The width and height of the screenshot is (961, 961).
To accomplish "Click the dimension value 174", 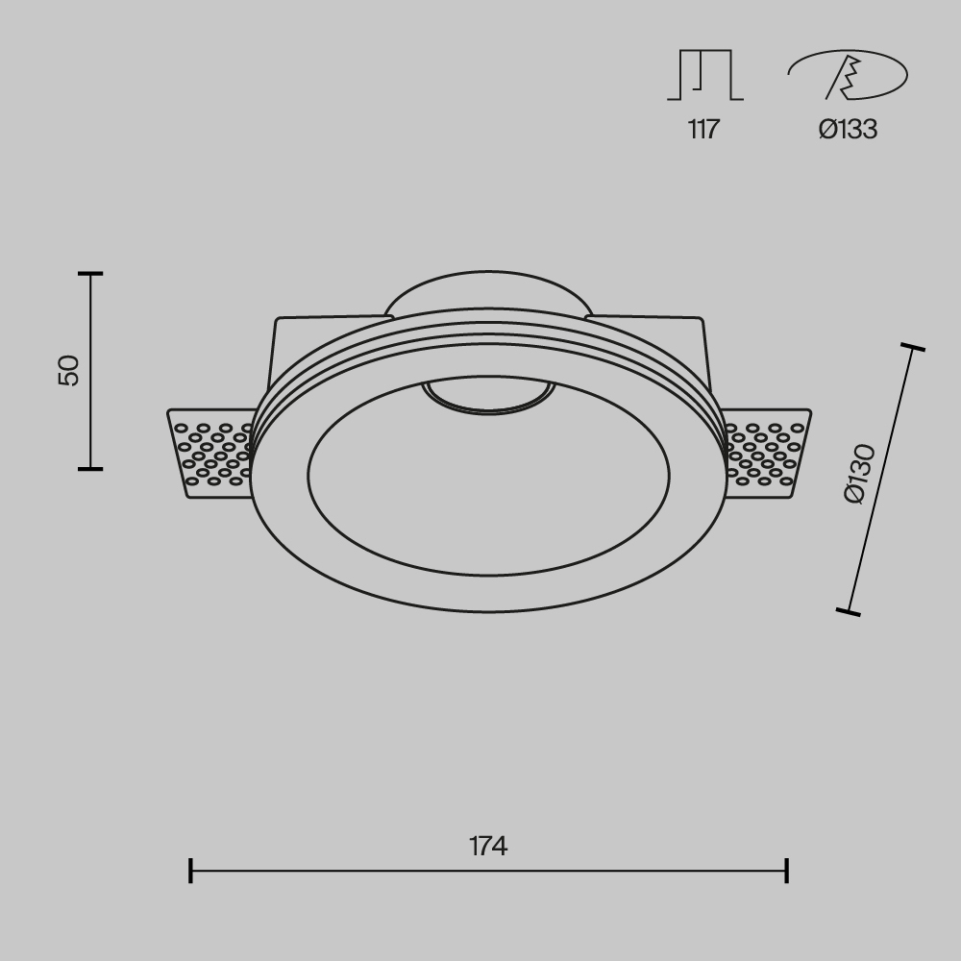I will (x=488, y=847).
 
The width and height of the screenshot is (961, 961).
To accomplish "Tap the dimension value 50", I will (x=69, y=371).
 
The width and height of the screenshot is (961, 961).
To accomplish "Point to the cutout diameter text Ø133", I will (x=848, y=130).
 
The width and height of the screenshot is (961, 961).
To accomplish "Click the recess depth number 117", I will (x=703, y=130).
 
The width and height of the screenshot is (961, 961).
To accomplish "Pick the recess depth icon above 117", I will (x=704, y=75).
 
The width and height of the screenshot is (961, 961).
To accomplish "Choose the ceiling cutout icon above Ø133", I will (x=847, y=75).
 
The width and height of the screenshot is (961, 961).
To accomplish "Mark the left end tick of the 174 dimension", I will (x=191, y=871).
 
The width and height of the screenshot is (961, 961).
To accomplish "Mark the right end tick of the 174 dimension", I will (x=787, y=871).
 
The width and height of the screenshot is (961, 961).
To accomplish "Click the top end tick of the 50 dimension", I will (x=90, y=275).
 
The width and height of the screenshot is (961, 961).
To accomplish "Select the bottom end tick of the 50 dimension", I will (x=90, y=469).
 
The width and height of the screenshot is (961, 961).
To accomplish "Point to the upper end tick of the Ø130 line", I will (x=912, y=347).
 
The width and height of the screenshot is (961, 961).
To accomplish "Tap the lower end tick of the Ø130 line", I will (x=849, y=611).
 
